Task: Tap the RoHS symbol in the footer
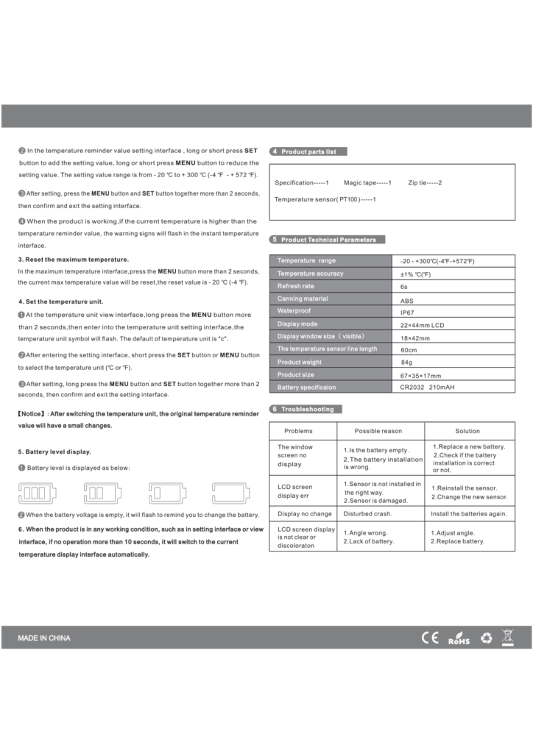click(459, 638)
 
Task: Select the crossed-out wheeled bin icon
click(507, 637)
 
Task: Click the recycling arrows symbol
click(486, 638)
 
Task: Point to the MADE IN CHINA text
click(44, 638)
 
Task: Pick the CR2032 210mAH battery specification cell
click(427, 388)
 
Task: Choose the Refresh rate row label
click(296, 286)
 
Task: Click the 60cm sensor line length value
click(409, 350)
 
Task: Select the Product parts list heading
click(308, 151)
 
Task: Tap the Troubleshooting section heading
click(307, 409)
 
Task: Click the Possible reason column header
click(378, 431)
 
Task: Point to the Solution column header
click(467, 431)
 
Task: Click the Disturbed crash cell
click(367, 514)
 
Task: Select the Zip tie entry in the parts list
click(425, 182)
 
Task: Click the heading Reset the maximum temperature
click(73, 259)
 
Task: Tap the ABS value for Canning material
click(406, 299)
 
